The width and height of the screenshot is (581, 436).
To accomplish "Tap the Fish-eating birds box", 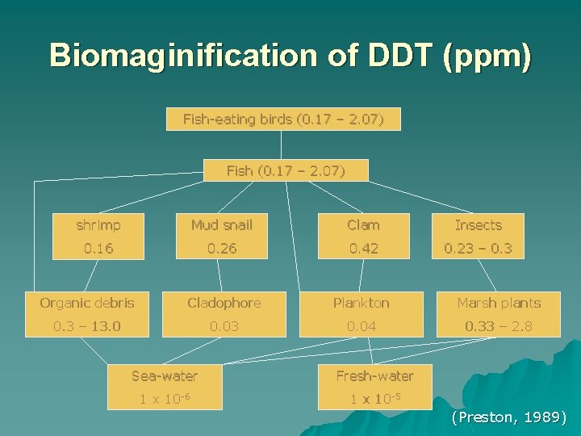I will click(x=282, y=120).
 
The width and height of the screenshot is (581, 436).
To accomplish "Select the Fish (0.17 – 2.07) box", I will click(x=286, y=170).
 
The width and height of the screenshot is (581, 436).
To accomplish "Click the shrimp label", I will click(x=98, y=225).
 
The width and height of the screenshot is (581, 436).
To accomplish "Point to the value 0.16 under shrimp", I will click(x=98, y=248).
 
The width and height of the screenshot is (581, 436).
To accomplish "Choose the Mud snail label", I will click(x=222, y=225).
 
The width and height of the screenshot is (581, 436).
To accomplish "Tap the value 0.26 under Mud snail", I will click(x=222, y=248).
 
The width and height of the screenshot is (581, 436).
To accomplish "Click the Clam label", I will click(x=363, y=225).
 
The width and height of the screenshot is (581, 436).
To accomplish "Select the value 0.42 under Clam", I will click(x=363, y=248).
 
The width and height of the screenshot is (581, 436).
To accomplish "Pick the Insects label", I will click(x=478, y=225).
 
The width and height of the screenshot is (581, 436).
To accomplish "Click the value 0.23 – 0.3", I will click(x=478, y=248).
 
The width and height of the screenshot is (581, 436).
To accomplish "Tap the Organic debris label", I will click(x=87, y=303).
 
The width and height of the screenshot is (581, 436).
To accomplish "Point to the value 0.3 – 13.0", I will click(x=87, y=325).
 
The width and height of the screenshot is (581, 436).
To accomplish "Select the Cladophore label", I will click(x=224, y=303).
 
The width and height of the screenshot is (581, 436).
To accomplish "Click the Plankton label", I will click(x=362, y=303).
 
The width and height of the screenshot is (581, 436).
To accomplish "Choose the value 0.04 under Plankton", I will click(x=362, y=325).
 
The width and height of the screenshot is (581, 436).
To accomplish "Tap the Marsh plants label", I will click(x=499, y=303).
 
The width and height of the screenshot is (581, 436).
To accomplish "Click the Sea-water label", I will click(x=165, y=375).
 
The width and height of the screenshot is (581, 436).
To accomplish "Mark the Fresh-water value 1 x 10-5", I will click(x=364, y=399).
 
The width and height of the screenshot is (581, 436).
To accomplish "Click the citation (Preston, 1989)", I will click(x=509, y=417).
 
